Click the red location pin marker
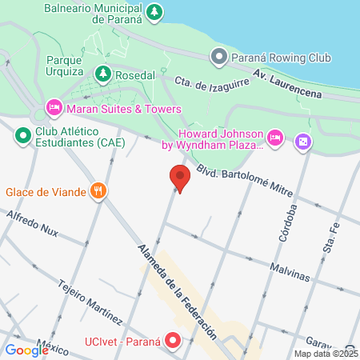(180, 178)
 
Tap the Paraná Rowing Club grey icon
(218, 56)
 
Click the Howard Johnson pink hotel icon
(274, 138)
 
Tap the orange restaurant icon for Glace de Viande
(98, 191)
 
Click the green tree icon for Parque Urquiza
(102, 74)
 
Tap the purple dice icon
(303, 142)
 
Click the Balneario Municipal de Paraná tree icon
(154, 11)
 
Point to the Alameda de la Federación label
(177, 287)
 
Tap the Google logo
(26, 350)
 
